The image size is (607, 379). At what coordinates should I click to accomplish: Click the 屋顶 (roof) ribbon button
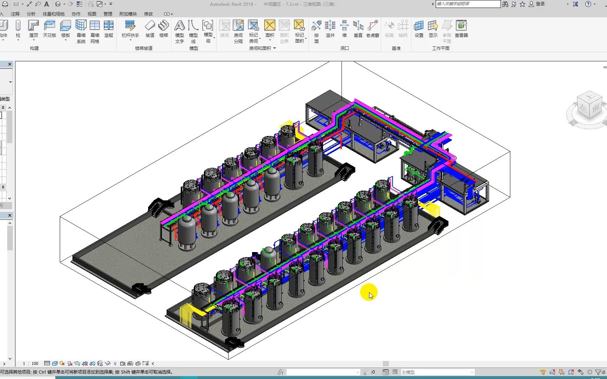tap(33, 29)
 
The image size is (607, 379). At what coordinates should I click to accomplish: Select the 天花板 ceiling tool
tap(49, 29)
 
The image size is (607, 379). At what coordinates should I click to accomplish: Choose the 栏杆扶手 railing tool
tap(130, 29)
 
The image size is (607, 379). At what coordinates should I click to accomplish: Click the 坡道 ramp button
tap(150, 29)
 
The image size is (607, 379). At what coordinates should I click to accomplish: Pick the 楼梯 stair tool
tap(164, 29)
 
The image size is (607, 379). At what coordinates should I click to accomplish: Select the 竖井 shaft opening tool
tap(330, 29)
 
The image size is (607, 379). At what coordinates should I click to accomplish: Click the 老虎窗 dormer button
tap(372, 29)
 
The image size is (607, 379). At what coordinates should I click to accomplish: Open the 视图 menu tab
tap(92, 14)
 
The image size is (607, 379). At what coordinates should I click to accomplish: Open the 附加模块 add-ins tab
tap(128, 14)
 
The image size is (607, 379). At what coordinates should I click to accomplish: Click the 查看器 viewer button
tap(461, 29)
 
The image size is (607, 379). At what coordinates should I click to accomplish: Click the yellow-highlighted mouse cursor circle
tap(369, 292)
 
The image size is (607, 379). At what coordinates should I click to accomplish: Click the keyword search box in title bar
tap(468, 4)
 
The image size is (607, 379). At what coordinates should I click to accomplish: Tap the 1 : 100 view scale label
tap(31, 363)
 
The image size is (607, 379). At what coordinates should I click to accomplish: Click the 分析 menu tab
tap(31, 14)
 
